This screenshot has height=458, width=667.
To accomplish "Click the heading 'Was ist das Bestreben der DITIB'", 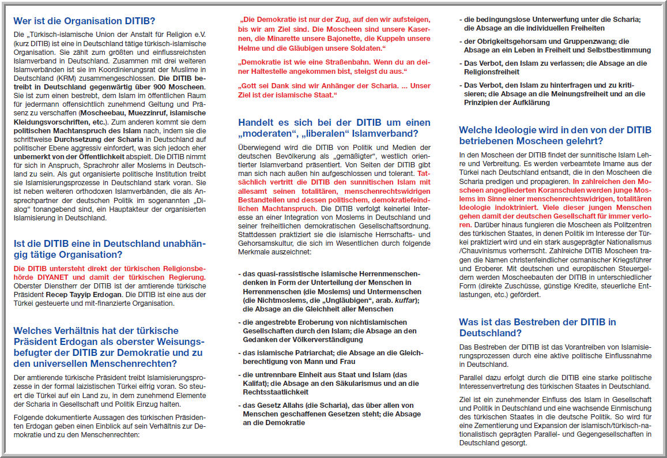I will (x=538, y=321).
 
